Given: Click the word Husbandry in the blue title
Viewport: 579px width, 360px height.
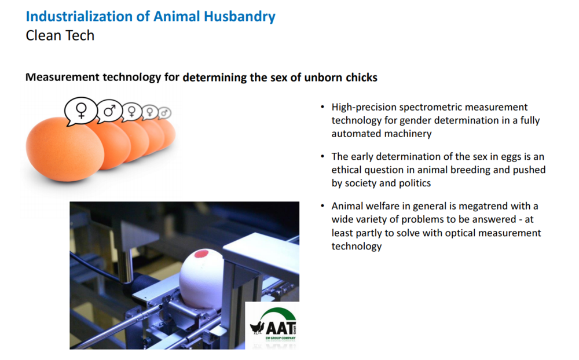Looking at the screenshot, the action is click(240, 17).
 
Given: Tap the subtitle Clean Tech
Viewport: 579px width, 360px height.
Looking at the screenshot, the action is click(60, 35).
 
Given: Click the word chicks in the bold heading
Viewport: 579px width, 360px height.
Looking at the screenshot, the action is click(361, 78).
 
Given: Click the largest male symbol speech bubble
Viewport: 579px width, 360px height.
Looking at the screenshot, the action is click(109, 111).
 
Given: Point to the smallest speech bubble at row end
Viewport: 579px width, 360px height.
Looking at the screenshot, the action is click(164, 113).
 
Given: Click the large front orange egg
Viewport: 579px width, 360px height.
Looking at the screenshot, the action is click(65, 149).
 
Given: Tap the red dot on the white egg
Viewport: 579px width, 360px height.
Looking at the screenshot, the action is click(201, 254).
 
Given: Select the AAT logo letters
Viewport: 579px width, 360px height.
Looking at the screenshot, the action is click(281, 328).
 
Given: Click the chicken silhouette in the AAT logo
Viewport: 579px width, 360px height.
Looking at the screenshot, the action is click(258, 327).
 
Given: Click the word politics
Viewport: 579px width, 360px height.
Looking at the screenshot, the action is click(415, 183).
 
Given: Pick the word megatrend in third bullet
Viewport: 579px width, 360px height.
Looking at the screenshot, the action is click(483, 206).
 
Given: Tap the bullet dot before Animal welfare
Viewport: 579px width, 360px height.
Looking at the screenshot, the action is click(323, 206).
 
